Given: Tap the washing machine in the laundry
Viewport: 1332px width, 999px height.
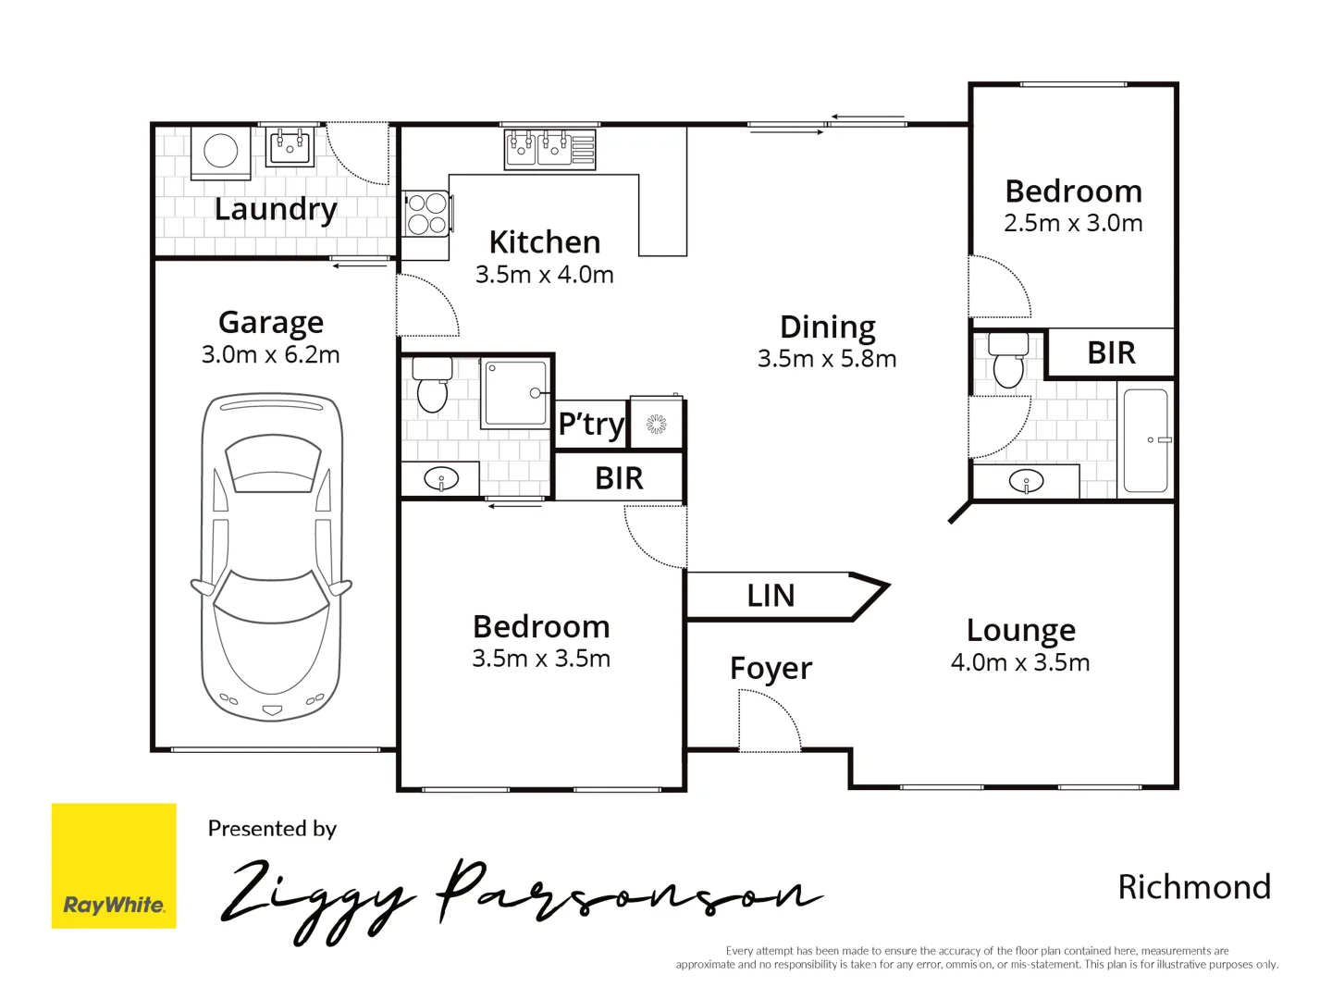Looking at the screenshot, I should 221,152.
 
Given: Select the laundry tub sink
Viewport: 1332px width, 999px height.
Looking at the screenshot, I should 290,146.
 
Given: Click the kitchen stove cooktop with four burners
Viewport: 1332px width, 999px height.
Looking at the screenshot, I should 426,213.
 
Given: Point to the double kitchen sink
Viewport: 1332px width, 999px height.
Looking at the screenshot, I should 537,148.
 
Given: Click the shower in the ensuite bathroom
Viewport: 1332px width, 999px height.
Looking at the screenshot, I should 515,393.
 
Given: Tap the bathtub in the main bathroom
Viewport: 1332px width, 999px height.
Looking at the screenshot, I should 1145,440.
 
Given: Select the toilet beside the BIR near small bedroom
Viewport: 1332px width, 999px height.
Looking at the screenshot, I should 1007,361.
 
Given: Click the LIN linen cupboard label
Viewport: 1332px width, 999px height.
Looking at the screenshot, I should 771,596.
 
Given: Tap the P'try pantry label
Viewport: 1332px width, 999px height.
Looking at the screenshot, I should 591,425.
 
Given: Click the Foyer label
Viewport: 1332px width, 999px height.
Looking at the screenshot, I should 771,668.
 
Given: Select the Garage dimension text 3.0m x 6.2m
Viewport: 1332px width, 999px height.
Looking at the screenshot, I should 271,354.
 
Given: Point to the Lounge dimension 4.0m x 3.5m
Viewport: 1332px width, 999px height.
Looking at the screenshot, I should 1020,662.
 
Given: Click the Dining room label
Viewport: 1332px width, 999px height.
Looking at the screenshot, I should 827,327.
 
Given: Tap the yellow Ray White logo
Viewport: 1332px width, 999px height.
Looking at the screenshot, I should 114,866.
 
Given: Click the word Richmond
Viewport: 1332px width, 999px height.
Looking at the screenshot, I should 1194,887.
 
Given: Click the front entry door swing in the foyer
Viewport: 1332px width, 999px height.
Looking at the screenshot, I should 768,721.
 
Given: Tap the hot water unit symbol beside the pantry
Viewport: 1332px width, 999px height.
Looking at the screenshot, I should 656,424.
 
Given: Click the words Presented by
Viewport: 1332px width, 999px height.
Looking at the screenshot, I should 272,829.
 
